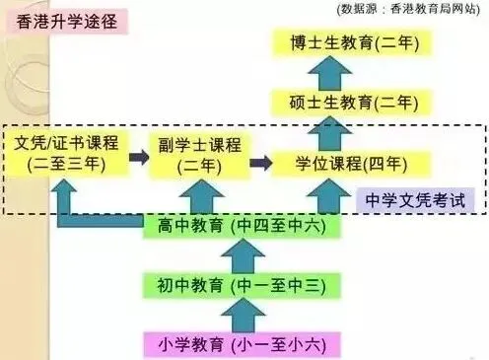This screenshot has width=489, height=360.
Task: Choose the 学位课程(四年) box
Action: pos(337,162)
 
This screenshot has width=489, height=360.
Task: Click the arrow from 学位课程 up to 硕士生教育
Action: pos(337,132)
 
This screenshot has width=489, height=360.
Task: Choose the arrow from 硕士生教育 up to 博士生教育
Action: pos(337,72)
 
